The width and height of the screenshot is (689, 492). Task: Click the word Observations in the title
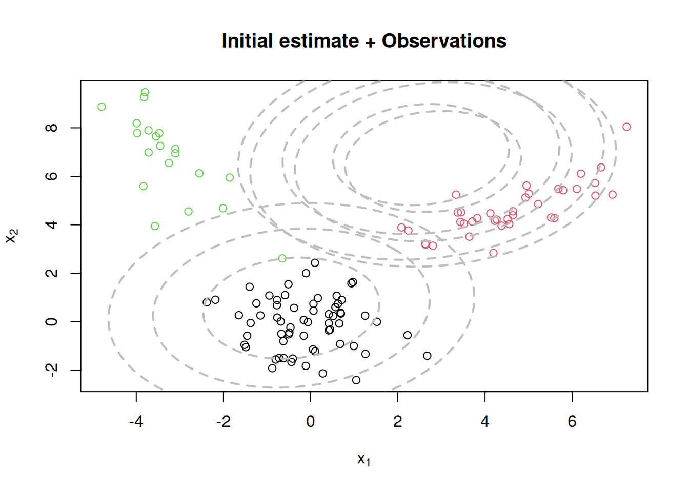coord(444,41)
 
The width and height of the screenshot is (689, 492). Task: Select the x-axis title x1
coord(363,459)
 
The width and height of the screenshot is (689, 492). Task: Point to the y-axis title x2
coord(12,236)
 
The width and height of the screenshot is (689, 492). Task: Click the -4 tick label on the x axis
coord(136,422)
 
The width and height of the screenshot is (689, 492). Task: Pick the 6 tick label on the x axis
coord(572,422)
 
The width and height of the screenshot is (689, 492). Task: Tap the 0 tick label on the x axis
coord(311,422)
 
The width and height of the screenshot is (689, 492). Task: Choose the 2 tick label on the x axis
coord(398,422)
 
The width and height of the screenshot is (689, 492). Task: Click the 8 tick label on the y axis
coord(52,128)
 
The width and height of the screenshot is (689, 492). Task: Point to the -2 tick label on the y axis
coord(52,370)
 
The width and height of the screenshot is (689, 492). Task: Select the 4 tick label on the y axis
coord(52,224)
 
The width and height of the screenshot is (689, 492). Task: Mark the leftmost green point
coord(102,107)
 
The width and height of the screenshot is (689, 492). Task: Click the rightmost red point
coord(626,127)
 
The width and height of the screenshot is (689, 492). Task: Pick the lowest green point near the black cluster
coord(282,258)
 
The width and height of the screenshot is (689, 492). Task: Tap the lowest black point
coord(356,380)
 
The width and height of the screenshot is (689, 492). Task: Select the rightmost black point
coord(427,356)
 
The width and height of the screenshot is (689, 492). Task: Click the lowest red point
coord(493,253)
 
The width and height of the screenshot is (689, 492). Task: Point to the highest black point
coord(315,263)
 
